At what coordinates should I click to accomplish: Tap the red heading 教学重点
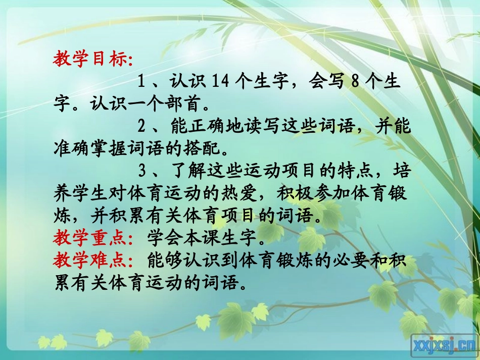click(x=91, y=236)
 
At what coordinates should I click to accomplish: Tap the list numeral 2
click(x=142, y=126)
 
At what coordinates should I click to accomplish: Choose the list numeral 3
click(x=142, y=171)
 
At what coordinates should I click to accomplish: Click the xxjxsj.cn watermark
click(x=444, y=345)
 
